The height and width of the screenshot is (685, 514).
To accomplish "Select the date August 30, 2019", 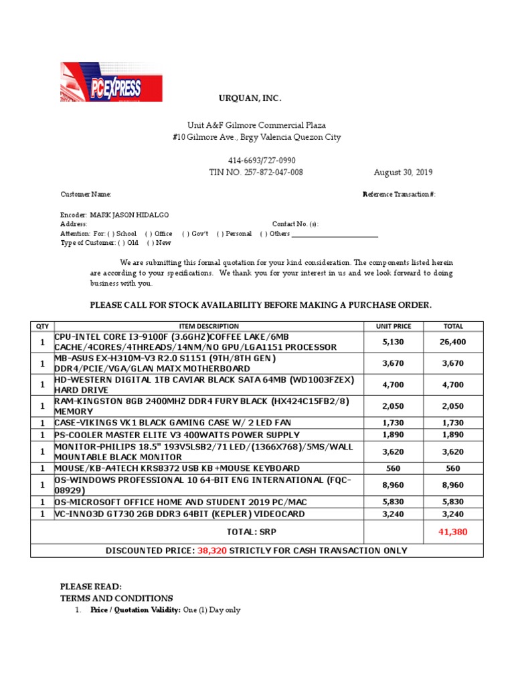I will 403,172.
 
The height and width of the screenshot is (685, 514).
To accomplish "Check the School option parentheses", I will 111,233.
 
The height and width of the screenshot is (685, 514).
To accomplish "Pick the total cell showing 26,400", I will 453,342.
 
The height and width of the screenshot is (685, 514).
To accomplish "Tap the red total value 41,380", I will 453,532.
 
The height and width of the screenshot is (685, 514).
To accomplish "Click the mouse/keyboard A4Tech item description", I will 177,468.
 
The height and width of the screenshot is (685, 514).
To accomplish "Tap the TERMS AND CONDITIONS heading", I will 116,598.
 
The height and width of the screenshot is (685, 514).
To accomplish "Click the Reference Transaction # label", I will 399,194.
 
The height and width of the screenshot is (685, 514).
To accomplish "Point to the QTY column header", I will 42,326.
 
